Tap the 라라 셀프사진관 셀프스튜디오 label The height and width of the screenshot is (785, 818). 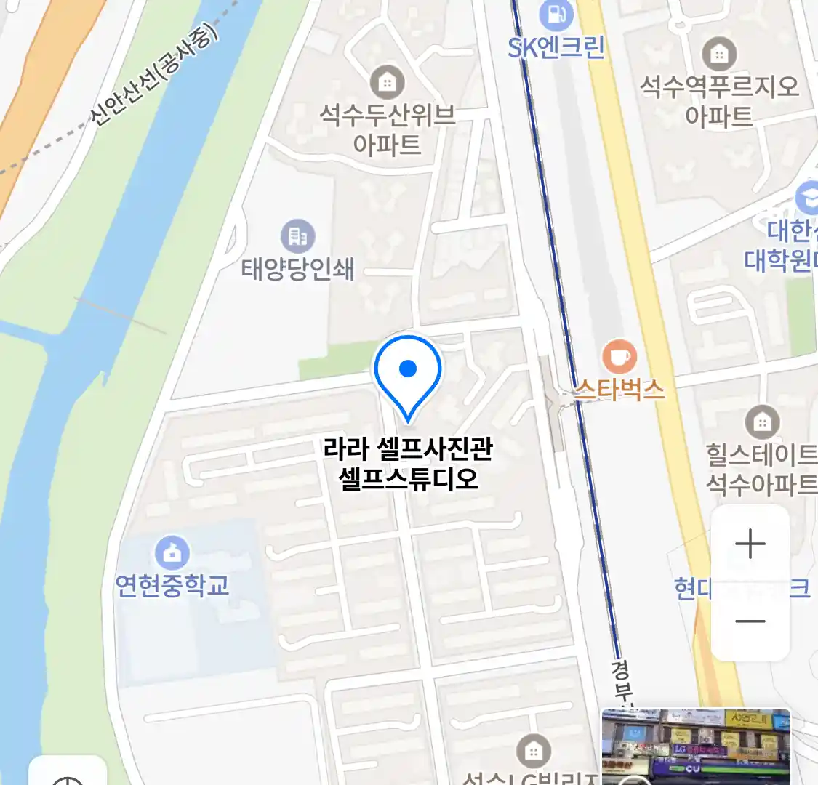point(408,463)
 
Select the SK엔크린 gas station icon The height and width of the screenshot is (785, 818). point(556,15)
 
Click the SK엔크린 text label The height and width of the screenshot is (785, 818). point(556,48)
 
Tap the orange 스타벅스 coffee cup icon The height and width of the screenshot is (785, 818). point(619,357)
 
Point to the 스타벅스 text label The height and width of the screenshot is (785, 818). point(619,390)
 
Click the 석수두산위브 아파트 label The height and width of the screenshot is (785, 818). point(387,129)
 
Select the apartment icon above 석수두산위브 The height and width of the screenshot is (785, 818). point(387,82)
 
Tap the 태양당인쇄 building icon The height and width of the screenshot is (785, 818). point(297,236)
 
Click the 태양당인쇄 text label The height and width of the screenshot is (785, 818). point(297,269)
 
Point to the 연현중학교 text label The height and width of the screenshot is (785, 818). point(172,586)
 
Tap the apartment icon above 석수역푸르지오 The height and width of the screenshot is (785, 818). point(718,54)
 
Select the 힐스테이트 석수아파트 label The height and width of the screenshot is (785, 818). point(761,469)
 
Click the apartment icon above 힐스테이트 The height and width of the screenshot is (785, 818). point(761,422)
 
